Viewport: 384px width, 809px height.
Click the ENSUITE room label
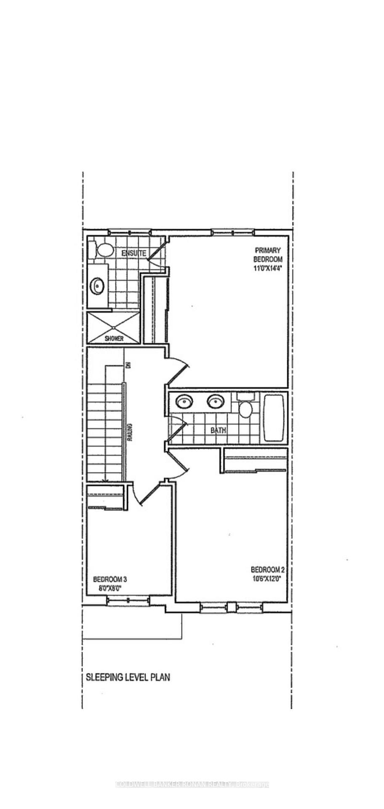click(133, 253)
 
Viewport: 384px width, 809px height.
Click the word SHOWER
click(114, 338)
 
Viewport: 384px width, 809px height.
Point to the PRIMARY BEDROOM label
click(268, 254)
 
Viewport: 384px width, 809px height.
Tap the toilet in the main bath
click(245, 407)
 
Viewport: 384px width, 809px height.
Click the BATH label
click(219, 430)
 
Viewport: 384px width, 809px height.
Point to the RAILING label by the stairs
click(131, 432)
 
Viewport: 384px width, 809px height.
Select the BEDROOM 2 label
click(268, 570)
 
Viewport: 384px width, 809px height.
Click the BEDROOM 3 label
click(110, 579)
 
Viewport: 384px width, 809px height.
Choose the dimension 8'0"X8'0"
click(110, 589)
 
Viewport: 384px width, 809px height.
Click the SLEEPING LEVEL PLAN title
click(128, 678)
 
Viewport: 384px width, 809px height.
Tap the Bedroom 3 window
click(128, 600)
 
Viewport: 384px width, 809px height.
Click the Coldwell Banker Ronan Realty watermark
click(192, 785)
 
